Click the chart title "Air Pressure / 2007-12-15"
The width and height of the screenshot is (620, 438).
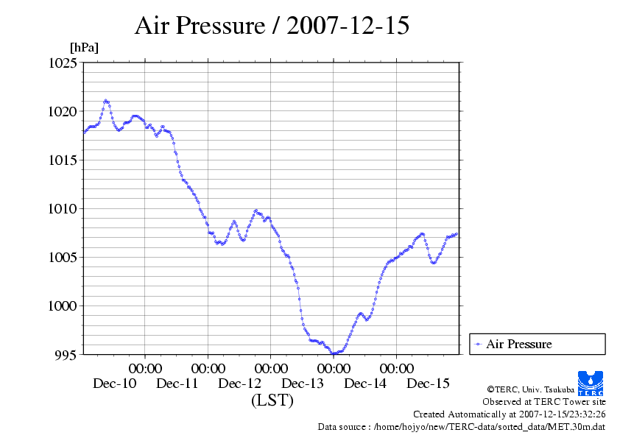click(272, 26)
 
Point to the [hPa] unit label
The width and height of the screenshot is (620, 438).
click(84, 48)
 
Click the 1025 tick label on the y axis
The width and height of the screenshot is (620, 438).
click(62, 63)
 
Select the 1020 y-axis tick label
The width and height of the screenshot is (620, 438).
click(62, 112)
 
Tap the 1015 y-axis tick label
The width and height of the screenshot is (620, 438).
click(62, 160)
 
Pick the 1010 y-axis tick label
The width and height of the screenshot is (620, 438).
click(62, 209)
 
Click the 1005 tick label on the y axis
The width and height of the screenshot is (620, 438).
click(62, 258)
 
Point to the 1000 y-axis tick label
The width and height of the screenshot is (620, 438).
click(62, 306)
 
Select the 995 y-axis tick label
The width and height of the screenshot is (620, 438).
click(65, 355)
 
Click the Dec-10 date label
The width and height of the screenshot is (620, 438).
click(114, 384)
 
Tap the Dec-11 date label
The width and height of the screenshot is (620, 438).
click(177, 384)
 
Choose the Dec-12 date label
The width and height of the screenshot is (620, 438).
click(240, 384)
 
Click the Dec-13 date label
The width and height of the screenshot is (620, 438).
click(303, 384)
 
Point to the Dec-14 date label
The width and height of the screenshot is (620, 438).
click(365, 384)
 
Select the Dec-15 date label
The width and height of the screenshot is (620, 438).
click(429, 384)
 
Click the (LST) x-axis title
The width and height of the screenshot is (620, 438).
click(272, 401)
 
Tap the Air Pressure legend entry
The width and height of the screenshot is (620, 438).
click(518, 344)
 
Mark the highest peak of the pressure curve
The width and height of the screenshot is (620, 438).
click(106, 100)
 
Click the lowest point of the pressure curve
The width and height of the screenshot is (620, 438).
click(334, 353)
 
